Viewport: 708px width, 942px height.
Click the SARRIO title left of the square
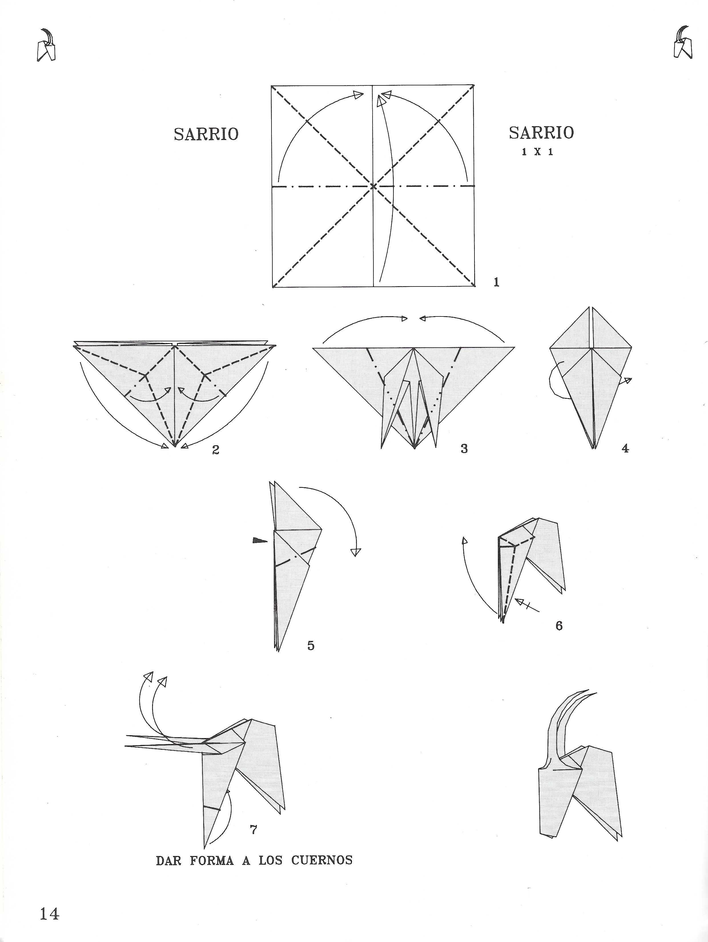pyautogui.click(x=206, y=134)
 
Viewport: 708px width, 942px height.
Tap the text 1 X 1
pyautogui.click(x=537, y=152)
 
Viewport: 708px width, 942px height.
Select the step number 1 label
pyautogui.click(x=496, y=282)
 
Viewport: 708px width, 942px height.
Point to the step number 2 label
pyautogui.click(x=216, y=450)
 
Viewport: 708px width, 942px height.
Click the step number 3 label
pyautogui.click(x=464, y=448)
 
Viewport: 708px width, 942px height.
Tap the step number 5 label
pyautogui.click(x=311, y=646)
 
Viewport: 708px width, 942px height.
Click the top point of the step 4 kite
pyautogui.click(x=590, y=306)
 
